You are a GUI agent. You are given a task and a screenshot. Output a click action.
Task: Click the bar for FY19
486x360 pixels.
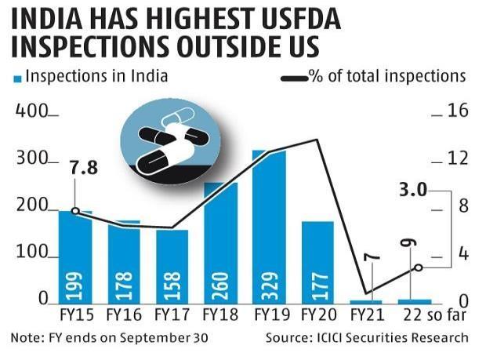(x=269, y=227)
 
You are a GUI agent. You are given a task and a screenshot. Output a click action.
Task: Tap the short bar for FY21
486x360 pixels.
(x=366, y=301)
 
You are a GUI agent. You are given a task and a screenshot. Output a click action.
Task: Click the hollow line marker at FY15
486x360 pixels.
(x=75, y=211)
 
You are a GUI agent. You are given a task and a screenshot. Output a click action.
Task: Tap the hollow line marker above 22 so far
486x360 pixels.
(x=418, y=267)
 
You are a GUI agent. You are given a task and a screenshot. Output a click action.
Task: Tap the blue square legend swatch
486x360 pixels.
(x=16, y=78)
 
